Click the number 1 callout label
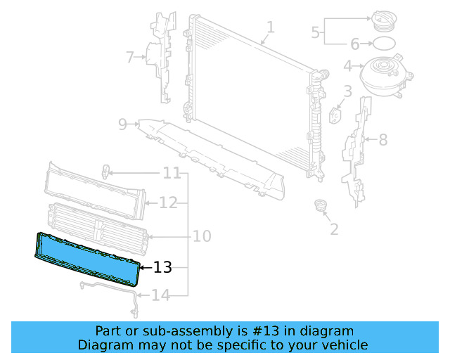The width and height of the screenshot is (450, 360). [x=271, y=27]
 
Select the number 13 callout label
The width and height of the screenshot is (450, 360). [x=162, y=267]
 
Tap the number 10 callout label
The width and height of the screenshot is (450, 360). [x=201, y=236]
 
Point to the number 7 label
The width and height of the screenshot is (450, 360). [x=130, y=57]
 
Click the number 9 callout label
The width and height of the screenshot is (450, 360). [x=122, y=124]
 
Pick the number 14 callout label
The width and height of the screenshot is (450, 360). [x=161, y=295]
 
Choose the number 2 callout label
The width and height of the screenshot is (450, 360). [x=334, y=229]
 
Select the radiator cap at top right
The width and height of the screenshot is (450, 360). [x=384, y=20]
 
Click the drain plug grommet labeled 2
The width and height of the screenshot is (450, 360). [x=321, y=206]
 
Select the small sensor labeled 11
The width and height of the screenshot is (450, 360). [x=106, y=171]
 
